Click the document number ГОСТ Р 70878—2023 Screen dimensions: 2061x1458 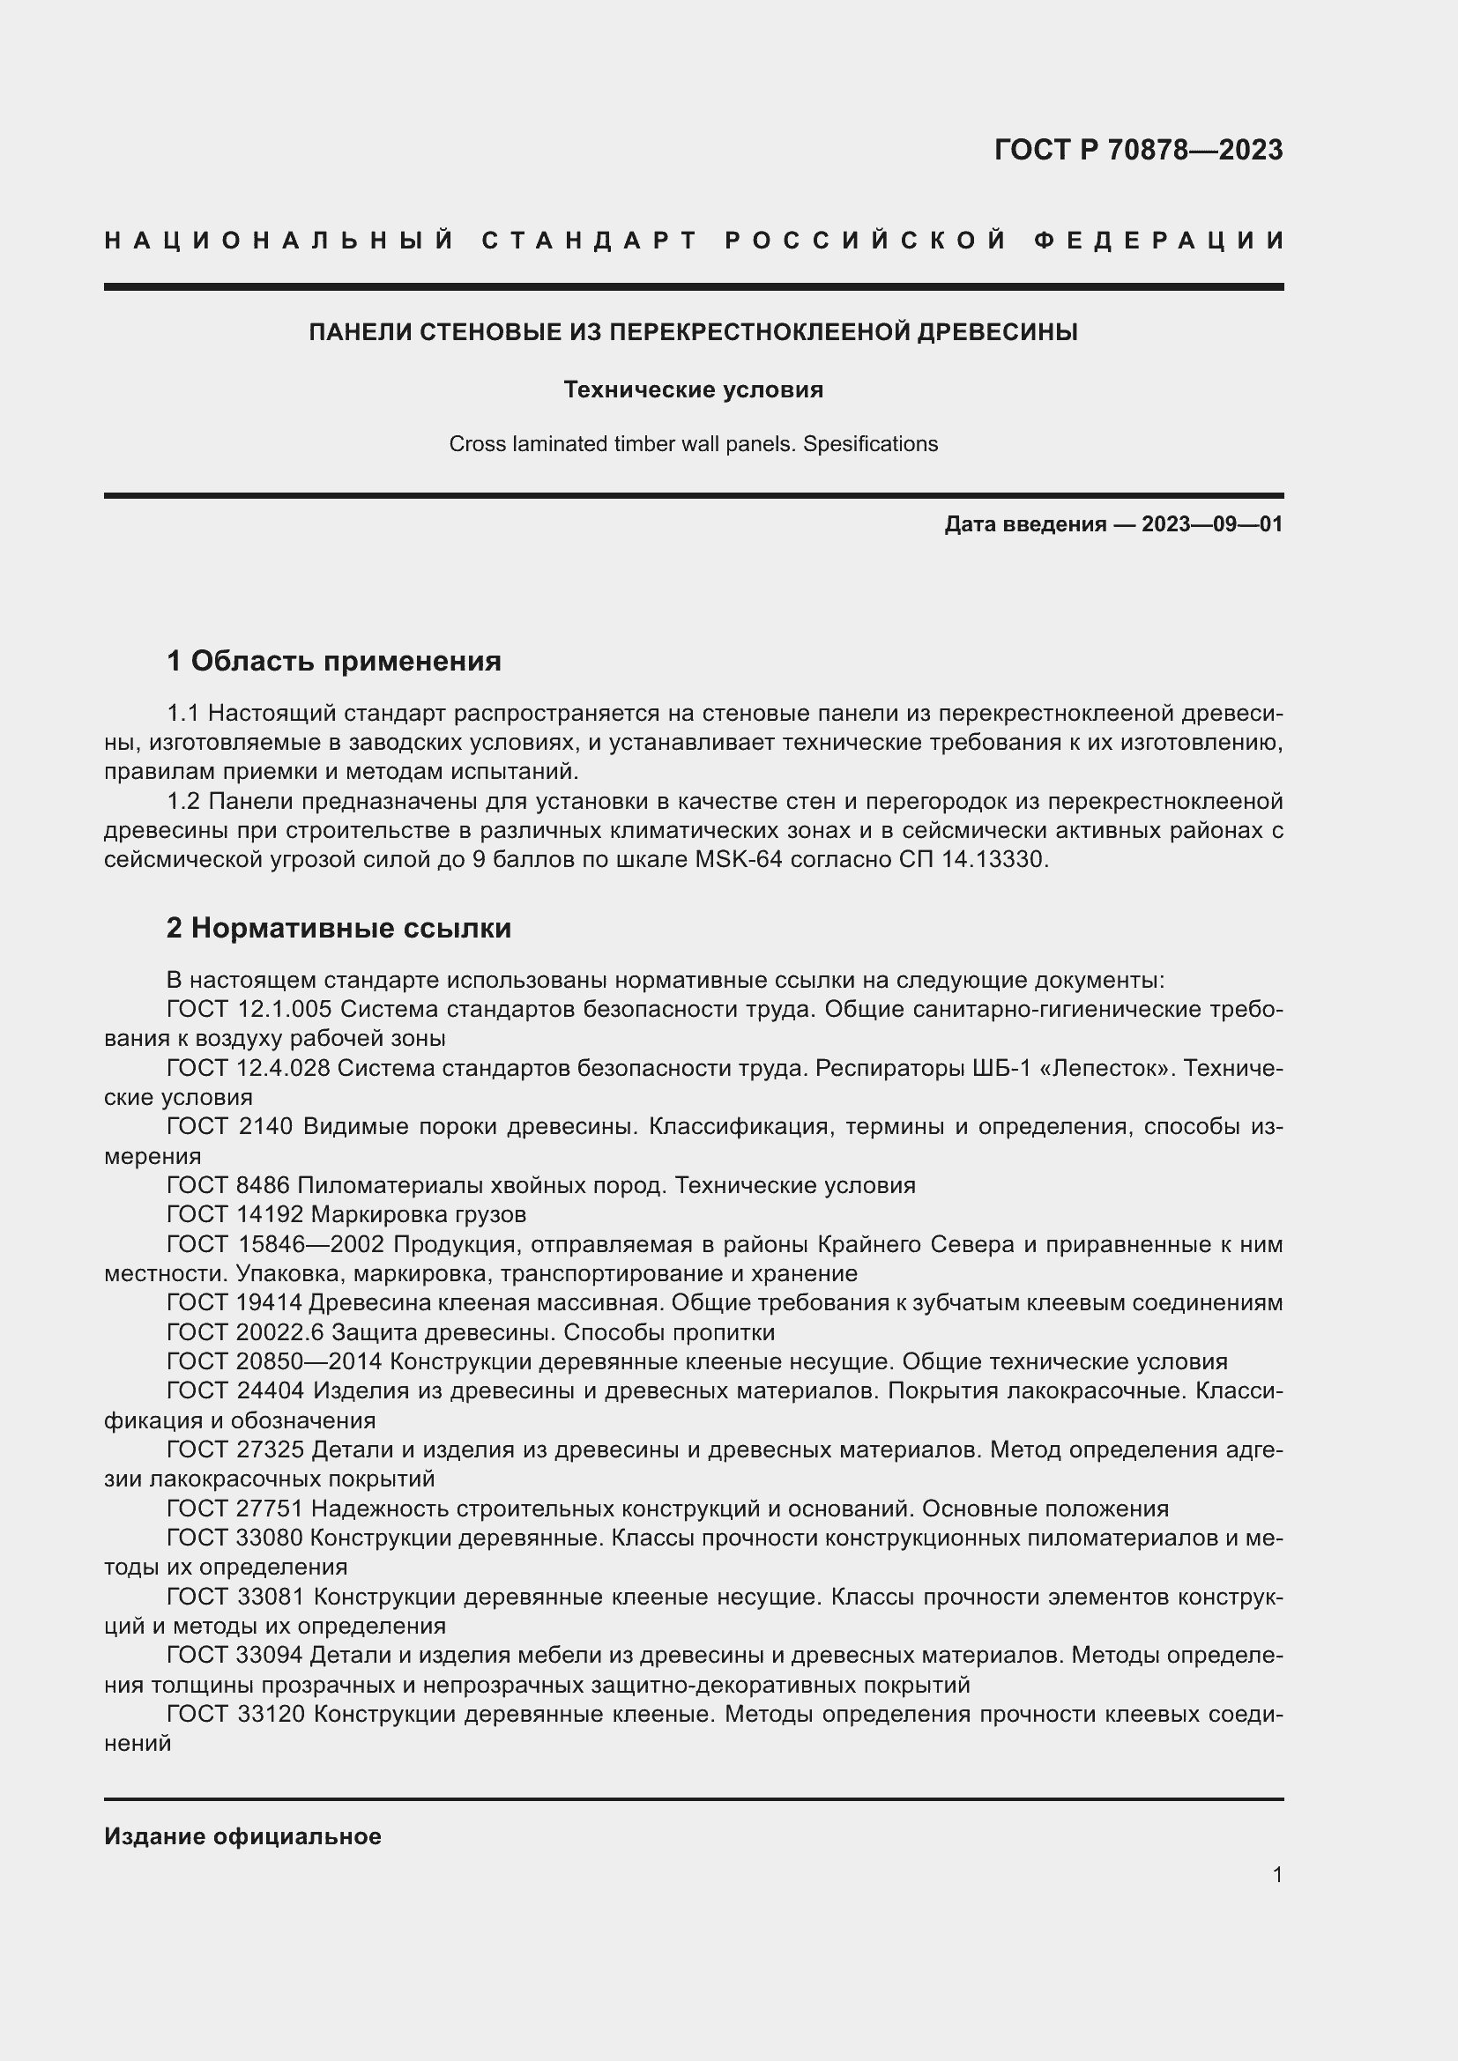coord(1137,150)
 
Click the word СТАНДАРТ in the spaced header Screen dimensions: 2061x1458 coord(590,241)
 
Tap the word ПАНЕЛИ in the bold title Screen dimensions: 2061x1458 coord(361,332)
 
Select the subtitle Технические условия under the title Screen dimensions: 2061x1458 coord(693,389)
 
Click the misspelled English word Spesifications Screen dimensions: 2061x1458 coord(870,444)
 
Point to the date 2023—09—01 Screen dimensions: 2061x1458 coord(1212,524)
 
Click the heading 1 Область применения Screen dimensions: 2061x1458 coord(334,662)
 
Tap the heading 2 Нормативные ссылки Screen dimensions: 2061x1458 coord(338,927)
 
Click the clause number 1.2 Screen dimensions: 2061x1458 coord(185,801)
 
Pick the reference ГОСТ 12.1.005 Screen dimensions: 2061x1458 coord(249,1009)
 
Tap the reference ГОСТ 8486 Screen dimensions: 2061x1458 coord(228,1186)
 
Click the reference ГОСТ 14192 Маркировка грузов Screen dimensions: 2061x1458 coord(346,1215)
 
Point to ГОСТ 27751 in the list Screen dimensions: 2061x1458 coord(235,1509)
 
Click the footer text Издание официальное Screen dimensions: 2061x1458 coord(242,1836)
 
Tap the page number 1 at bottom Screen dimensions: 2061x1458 coord(1276,1874)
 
